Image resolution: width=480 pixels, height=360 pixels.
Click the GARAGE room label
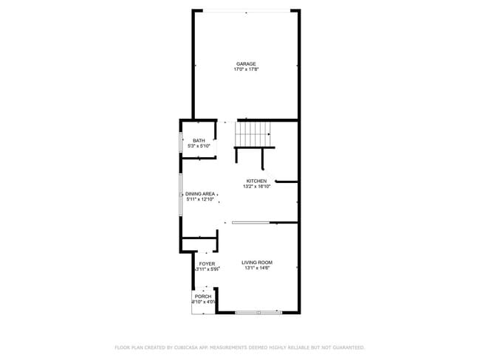pos(246,64)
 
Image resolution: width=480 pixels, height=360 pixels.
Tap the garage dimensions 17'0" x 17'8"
pos(246,69)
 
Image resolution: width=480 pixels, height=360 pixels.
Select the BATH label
pos(199,140)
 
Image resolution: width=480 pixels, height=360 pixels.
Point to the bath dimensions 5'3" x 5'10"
pos(199,146)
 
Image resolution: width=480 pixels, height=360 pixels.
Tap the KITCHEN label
pos(256,181)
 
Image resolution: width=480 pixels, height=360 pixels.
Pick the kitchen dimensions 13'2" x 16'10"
pos(256,187)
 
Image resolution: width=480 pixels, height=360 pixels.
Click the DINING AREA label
pos(199,193)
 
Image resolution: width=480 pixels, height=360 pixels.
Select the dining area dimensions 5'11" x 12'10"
pos(199,199)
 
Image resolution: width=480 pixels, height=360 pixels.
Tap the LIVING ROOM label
pos(258,263)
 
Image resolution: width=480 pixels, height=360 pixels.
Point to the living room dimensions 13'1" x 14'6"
pos(258,269)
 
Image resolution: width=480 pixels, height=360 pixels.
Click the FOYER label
pos(207,263)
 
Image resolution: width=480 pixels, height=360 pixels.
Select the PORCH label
pos(203,297)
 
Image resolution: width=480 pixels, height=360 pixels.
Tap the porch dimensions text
pos(203,302)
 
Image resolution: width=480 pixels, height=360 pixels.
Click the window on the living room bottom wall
pos(258,313)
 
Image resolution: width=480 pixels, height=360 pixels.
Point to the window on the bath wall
pos(181,142)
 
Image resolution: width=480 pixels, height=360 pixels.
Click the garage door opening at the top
pos(247,10)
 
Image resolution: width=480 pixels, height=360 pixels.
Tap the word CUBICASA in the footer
pos(196,347)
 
